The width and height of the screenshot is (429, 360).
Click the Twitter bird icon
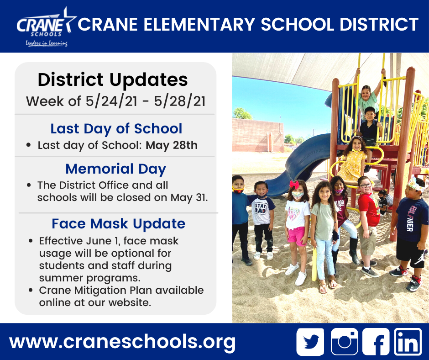click(x=310, y=342)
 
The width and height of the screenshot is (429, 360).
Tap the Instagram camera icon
click(x=345, y=342)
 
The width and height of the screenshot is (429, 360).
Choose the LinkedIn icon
click(x=408, y=342)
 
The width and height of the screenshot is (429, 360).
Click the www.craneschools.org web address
click(x=122, y=341)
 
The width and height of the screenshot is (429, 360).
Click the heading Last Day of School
click(x=116, y=128)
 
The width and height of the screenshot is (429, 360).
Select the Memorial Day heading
click(x=116, y=169)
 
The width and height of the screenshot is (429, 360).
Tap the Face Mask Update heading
click(x=118, y=223)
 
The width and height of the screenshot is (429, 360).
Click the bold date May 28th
click(x=172, y=145)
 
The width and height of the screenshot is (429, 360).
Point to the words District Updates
click(x=113, y=80)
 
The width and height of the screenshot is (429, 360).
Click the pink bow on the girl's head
click(x=294, y=184)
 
